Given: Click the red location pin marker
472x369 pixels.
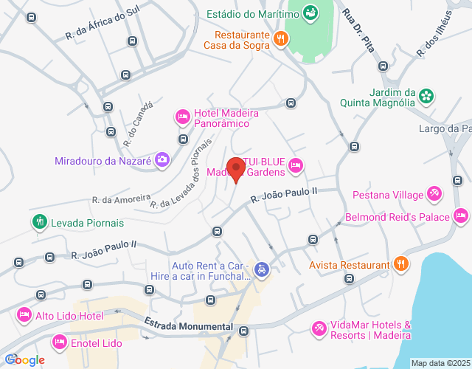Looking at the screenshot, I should (x=236, y=168).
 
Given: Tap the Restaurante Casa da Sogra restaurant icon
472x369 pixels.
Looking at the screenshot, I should (x=280, y=39).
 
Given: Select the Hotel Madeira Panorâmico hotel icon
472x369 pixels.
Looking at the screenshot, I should (x=182, y=117).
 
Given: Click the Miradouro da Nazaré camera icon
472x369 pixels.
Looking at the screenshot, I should (x=162, y=159).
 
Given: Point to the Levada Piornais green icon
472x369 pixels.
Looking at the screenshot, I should (x=38, y=221).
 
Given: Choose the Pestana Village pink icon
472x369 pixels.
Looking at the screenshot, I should (x=435, y=194).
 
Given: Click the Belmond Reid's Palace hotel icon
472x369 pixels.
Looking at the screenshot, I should (x=461, y=216).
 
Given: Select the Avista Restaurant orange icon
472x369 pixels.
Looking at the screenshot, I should (x=401, y=264).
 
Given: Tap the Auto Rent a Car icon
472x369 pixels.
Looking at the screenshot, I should (x=261, y=270).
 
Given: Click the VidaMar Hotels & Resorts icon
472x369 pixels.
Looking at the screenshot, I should (x=319, y=328).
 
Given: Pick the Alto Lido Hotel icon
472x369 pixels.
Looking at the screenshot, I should (x=22, y=315).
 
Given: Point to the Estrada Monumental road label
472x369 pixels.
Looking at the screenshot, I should (x=189, y=325).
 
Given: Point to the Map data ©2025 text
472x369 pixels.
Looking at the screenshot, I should (x=440, y=363).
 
